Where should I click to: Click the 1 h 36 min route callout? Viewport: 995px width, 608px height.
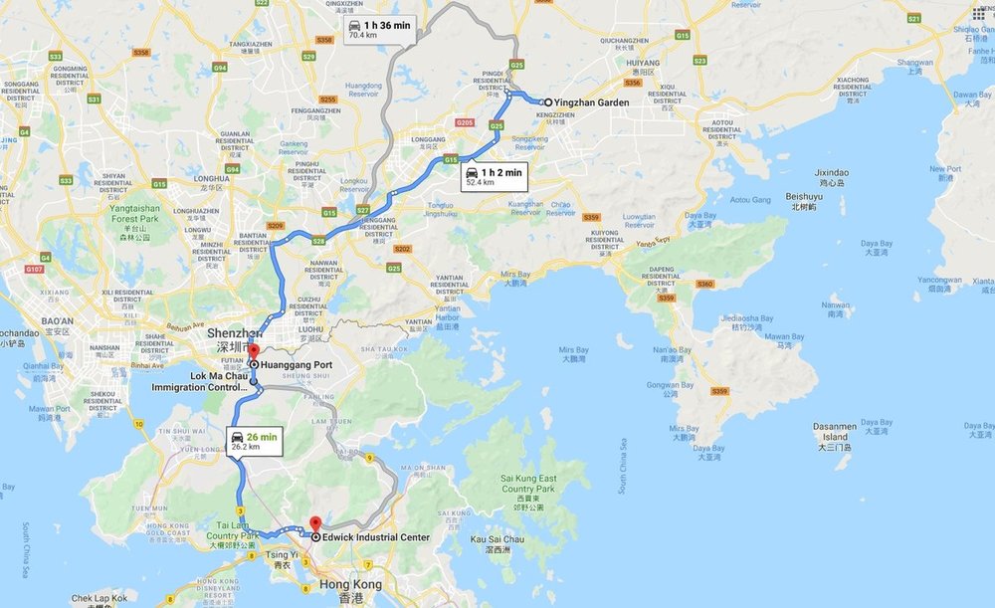(379, 29)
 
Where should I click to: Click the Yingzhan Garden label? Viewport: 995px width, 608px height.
(593, 102)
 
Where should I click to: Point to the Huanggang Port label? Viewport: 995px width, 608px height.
(297, 365)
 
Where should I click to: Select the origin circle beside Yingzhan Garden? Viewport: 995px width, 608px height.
(548, 102)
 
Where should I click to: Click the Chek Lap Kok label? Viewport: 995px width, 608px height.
(99, 598)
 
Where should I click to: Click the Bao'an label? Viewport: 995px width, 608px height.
(57, 320)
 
